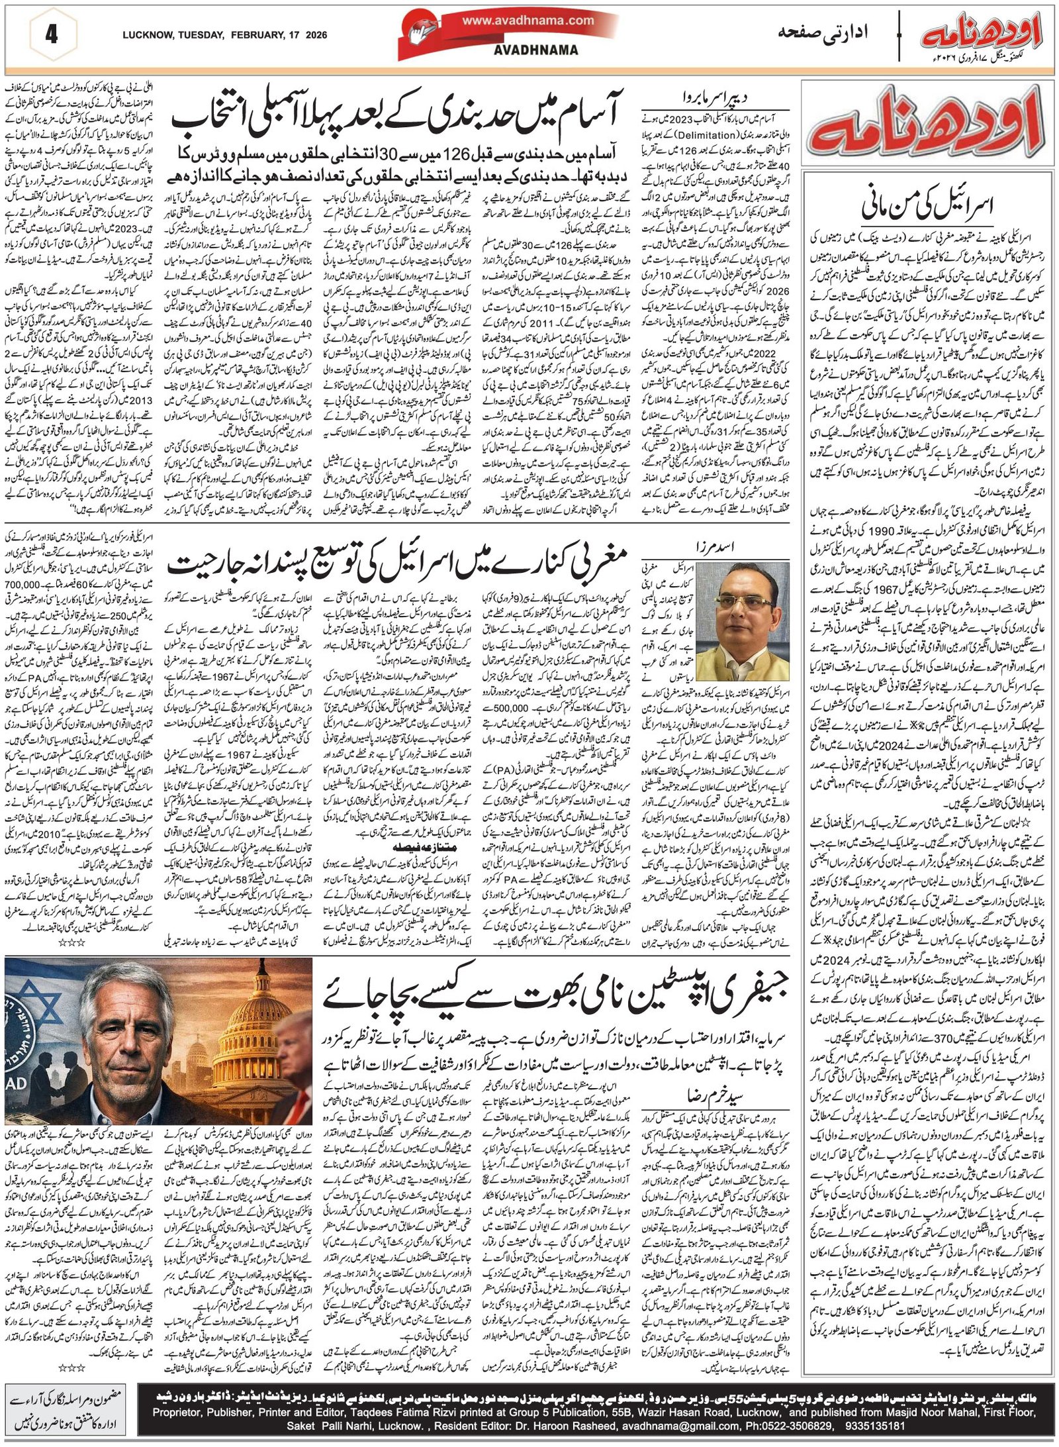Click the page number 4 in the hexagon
(51, 34)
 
